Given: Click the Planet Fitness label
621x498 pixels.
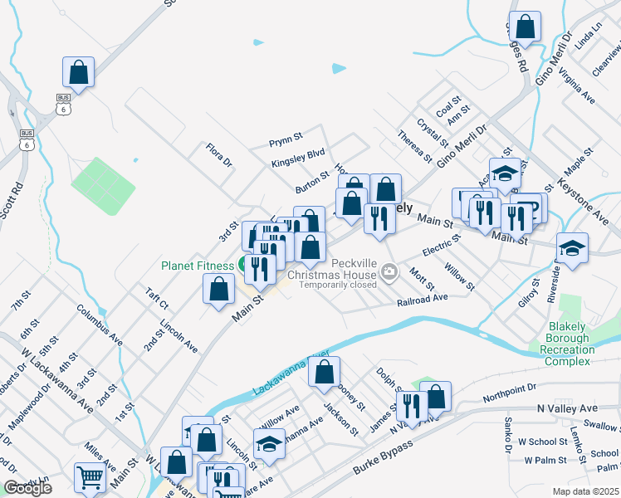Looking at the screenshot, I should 198,266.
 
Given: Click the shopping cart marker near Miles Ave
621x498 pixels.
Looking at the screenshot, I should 90,477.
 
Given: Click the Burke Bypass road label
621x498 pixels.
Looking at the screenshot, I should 344,461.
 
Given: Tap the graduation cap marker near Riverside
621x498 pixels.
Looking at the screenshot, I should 572,247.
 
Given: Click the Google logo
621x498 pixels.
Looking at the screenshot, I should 27,488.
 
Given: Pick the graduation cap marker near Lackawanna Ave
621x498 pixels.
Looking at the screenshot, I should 268,446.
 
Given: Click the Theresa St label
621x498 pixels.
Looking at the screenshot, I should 414,145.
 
